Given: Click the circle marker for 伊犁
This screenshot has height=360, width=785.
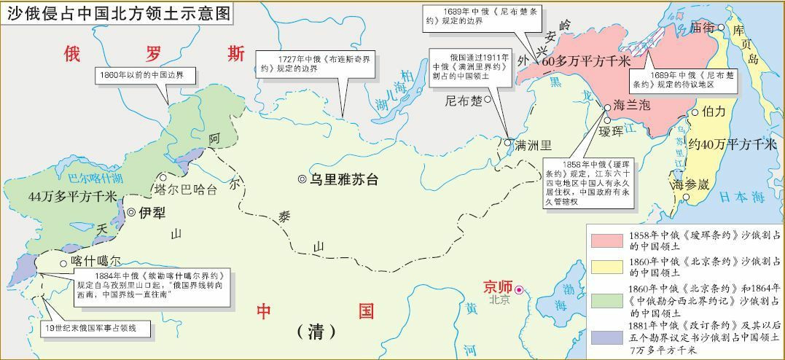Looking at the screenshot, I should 132,212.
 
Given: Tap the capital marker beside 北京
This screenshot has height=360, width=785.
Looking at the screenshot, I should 519,290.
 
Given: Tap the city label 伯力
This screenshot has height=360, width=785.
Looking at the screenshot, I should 713,111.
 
